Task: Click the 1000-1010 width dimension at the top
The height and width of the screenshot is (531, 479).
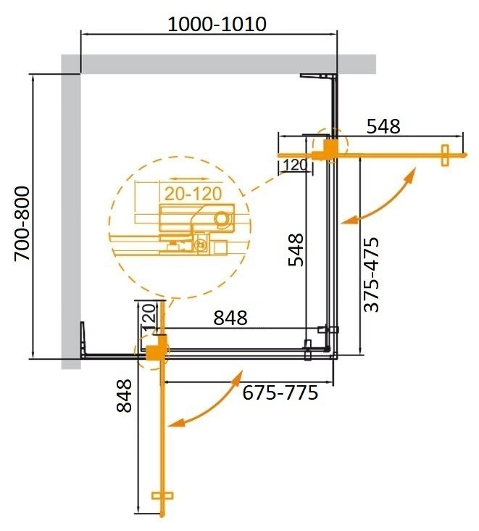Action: pyautogui.click(x=217, y=25)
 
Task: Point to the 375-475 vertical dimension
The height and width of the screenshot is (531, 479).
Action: pyautogui.click(x=372, y=274)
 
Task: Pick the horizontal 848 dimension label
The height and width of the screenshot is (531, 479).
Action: pyautogui.click(x=230, y=318)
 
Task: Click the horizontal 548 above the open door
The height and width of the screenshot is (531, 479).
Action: pyautogui.click(x=383, y=126)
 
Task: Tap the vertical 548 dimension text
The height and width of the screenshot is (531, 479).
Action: pyautogui.click(x=295, y=249)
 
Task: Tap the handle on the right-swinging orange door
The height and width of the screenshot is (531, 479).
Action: pyautogui.click(x=445, y=155)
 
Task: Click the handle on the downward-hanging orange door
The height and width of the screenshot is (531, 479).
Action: pyautogui.click(x=164, y=498)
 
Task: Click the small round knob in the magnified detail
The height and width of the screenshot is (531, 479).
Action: pyautogui.click(x=222, y=218)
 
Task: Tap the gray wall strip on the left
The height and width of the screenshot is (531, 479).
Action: pyautogui.click(x=70, y=218)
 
